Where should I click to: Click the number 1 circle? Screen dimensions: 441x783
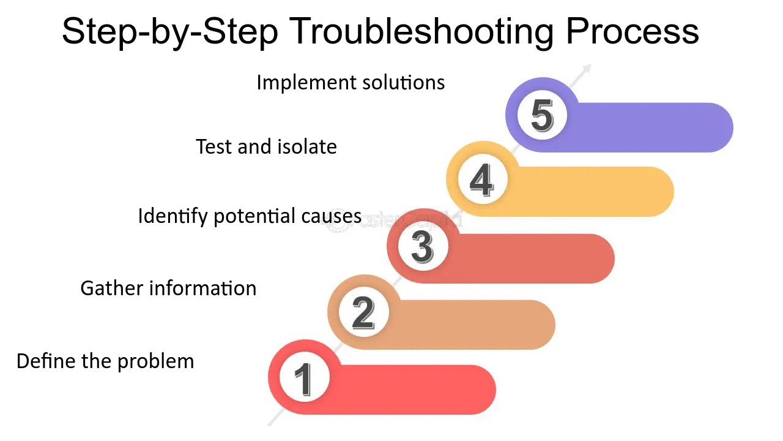304,377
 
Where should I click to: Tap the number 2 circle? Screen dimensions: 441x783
363,312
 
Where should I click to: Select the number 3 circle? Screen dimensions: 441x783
423,246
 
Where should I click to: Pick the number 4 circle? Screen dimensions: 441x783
482,180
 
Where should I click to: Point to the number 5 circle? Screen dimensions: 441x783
542,115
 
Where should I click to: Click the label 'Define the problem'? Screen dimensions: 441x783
105,361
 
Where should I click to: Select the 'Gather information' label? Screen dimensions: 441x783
168,288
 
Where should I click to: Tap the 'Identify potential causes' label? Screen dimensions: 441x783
250,216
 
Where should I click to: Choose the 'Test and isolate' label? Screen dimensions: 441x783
266,146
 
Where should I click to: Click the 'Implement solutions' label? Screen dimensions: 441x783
351,82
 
